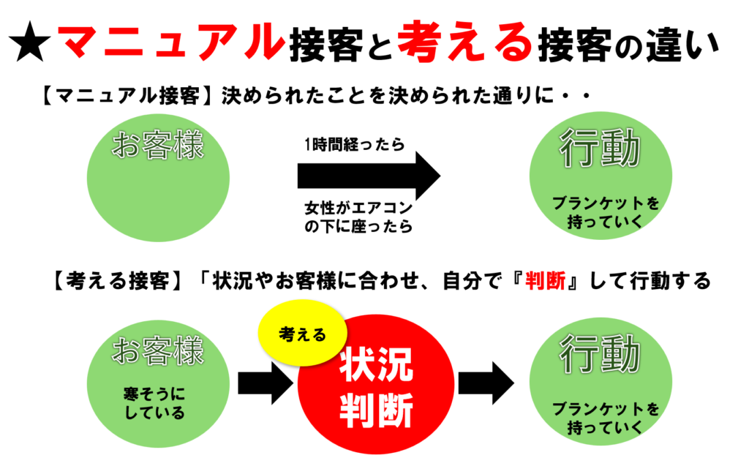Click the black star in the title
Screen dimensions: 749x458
[29, 42]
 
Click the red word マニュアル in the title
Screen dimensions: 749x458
[171, 41]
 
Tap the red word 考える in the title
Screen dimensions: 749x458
[464, 41]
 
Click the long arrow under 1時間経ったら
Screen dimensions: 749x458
[369, 176]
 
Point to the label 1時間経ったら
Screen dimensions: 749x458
[355, 143]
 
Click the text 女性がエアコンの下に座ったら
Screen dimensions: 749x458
[358, 217]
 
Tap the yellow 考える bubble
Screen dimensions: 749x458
[302, 333]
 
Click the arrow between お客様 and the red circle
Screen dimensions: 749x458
[265, 383]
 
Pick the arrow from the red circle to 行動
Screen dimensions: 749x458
[486, 383]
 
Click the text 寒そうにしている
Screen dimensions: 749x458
[154, 403]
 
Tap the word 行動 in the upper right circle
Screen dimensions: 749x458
[600, 148]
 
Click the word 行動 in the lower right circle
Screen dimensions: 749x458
[600, 354]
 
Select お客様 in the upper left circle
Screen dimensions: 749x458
[158, 145]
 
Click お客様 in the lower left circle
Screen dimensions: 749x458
[158, 350]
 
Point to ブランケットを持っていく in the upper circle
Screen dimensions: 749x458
[605, 212]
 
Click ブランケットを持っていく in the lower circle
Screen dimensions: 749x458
[605, 418]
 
